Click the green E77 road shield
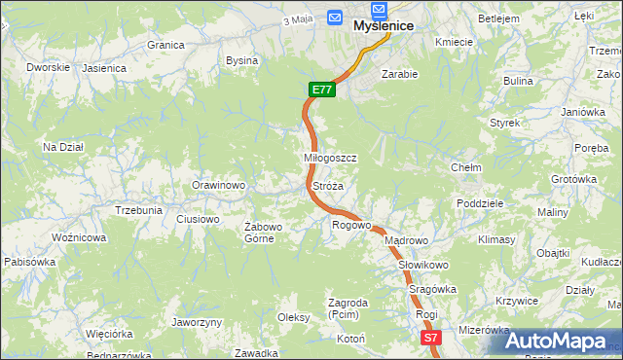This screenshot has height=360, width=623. coord(323,90)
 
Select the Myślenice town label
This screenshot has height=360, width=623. coord(384,26)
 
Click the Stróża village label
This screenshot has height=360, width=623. coord(327,185)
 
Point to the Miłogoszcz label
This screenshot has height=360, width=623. coord(331,158)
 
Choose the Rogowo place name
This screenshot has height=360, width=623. coord(352,226)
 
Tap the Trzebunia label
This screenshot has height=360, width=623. coord(138,210)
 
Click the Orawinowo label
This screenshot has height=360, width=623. coord(218,185)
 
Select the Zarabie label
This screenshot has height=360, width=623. coord(400,74)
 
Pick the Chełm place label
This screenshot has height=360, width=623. coord(466,167)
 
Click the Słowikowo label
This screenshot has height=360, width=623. coord(422,265)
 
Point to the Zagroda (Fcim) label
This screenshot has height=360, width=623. coord(348,308)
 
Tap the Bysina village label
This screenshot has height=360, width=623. coord(241,60)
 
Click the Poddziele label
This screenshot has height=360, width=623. coord(479,203)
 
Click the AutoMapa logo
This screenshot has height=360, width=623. coord(557,341)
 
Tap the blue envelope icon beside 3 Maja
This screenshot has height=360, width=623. coord(335,18)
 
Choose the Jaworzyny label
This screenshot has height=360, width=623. coord(197,322)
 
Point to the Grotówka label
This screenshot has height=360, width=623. coord(573,179)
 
